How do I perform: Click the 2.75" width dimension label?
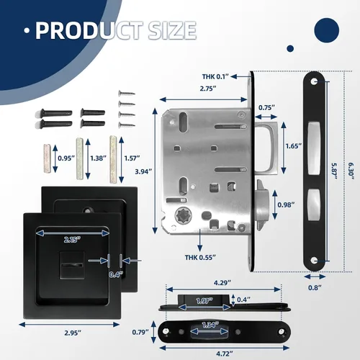point(208,89)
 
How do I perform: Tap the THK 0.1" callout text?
point(215,76)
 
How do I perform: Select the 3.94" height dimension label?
point(143,171)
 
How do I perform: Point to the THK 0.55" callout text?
point(200,258)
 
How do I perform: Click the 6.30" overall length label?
point(351,171)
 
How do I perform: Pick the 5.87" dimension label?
point(335,171)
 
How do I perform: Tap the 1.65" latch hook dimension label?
point(294,146)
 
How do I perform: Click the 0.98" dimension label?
point(286,204)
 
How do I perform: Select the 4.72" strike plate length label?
point(225,354)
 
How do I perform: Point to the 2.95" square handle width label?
point(73,333)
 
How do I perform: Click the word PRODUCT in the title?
point(89,30)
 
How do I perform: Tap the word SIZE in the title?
point(172,30)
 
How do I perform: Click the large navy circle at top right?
point(326,30)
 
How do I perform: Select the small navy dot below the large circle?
point(290,48)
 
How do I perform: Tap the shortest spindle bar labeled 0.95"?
point(48,158)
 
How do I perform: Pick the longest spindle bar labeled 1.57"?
point(113,159)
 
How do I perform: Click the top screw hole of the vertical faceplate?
point(314,81)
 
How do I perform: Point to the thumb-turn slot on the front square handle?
point(72,266)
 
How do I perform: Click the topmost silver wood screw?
point(127,93)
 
